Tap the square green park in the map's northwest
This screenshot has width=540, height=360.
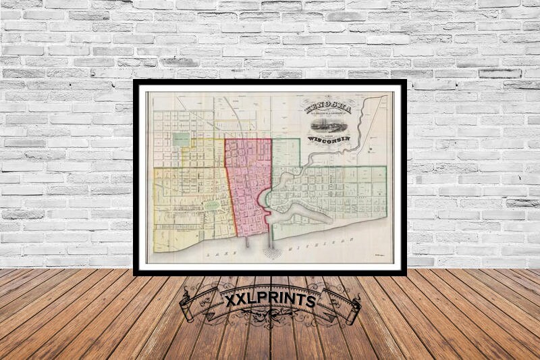coord(180,140)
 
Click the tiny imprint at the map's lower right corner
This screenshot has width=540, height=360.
coord(379,255)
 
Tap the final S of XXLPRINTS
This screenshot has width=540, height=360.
coord(311,301)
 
